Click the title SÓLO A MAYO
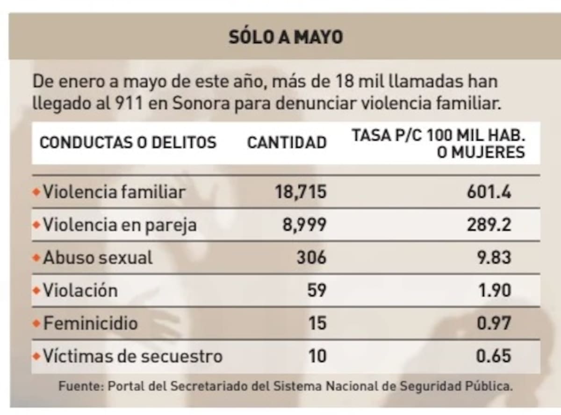tap(285, 37)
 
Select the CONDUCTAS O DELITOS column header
tap(128, 142)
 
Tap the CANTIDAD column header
tap(287, 142)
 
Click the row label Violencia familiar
tap(114, 192)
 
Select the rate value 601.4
tap(489, 192)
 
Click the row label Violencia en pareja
tap(120, 225)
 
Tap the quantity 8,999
tap(304, 225)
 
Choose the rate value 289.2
tap(489, 225)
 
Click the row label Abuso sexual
tap(98, 258)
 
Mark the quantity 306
tap(311, 258)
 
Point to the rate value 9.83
tap(494, 258)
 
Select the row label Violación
tap(80, 291)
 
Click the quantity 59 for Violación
tap(317, 291)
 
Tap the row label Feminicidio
tap(90, 324)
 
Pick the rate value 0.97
tap(494, 324)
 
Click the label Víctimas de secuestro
tap(133, 356)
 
